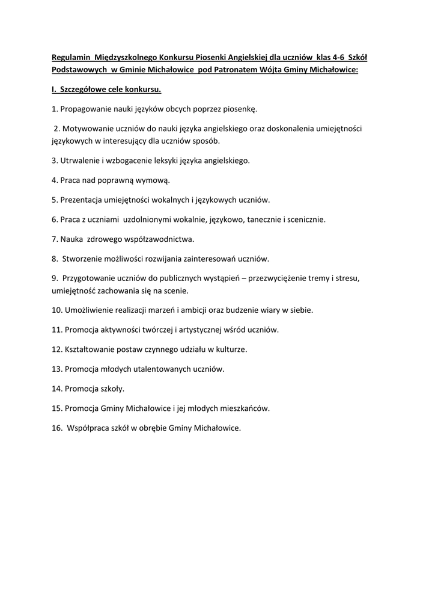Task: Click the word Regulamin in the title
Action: (71, 58)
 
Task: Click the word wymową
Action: (155, 180)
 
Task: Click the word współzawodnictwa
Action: (159, 239)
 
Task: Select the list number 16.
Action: (57, 428)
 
